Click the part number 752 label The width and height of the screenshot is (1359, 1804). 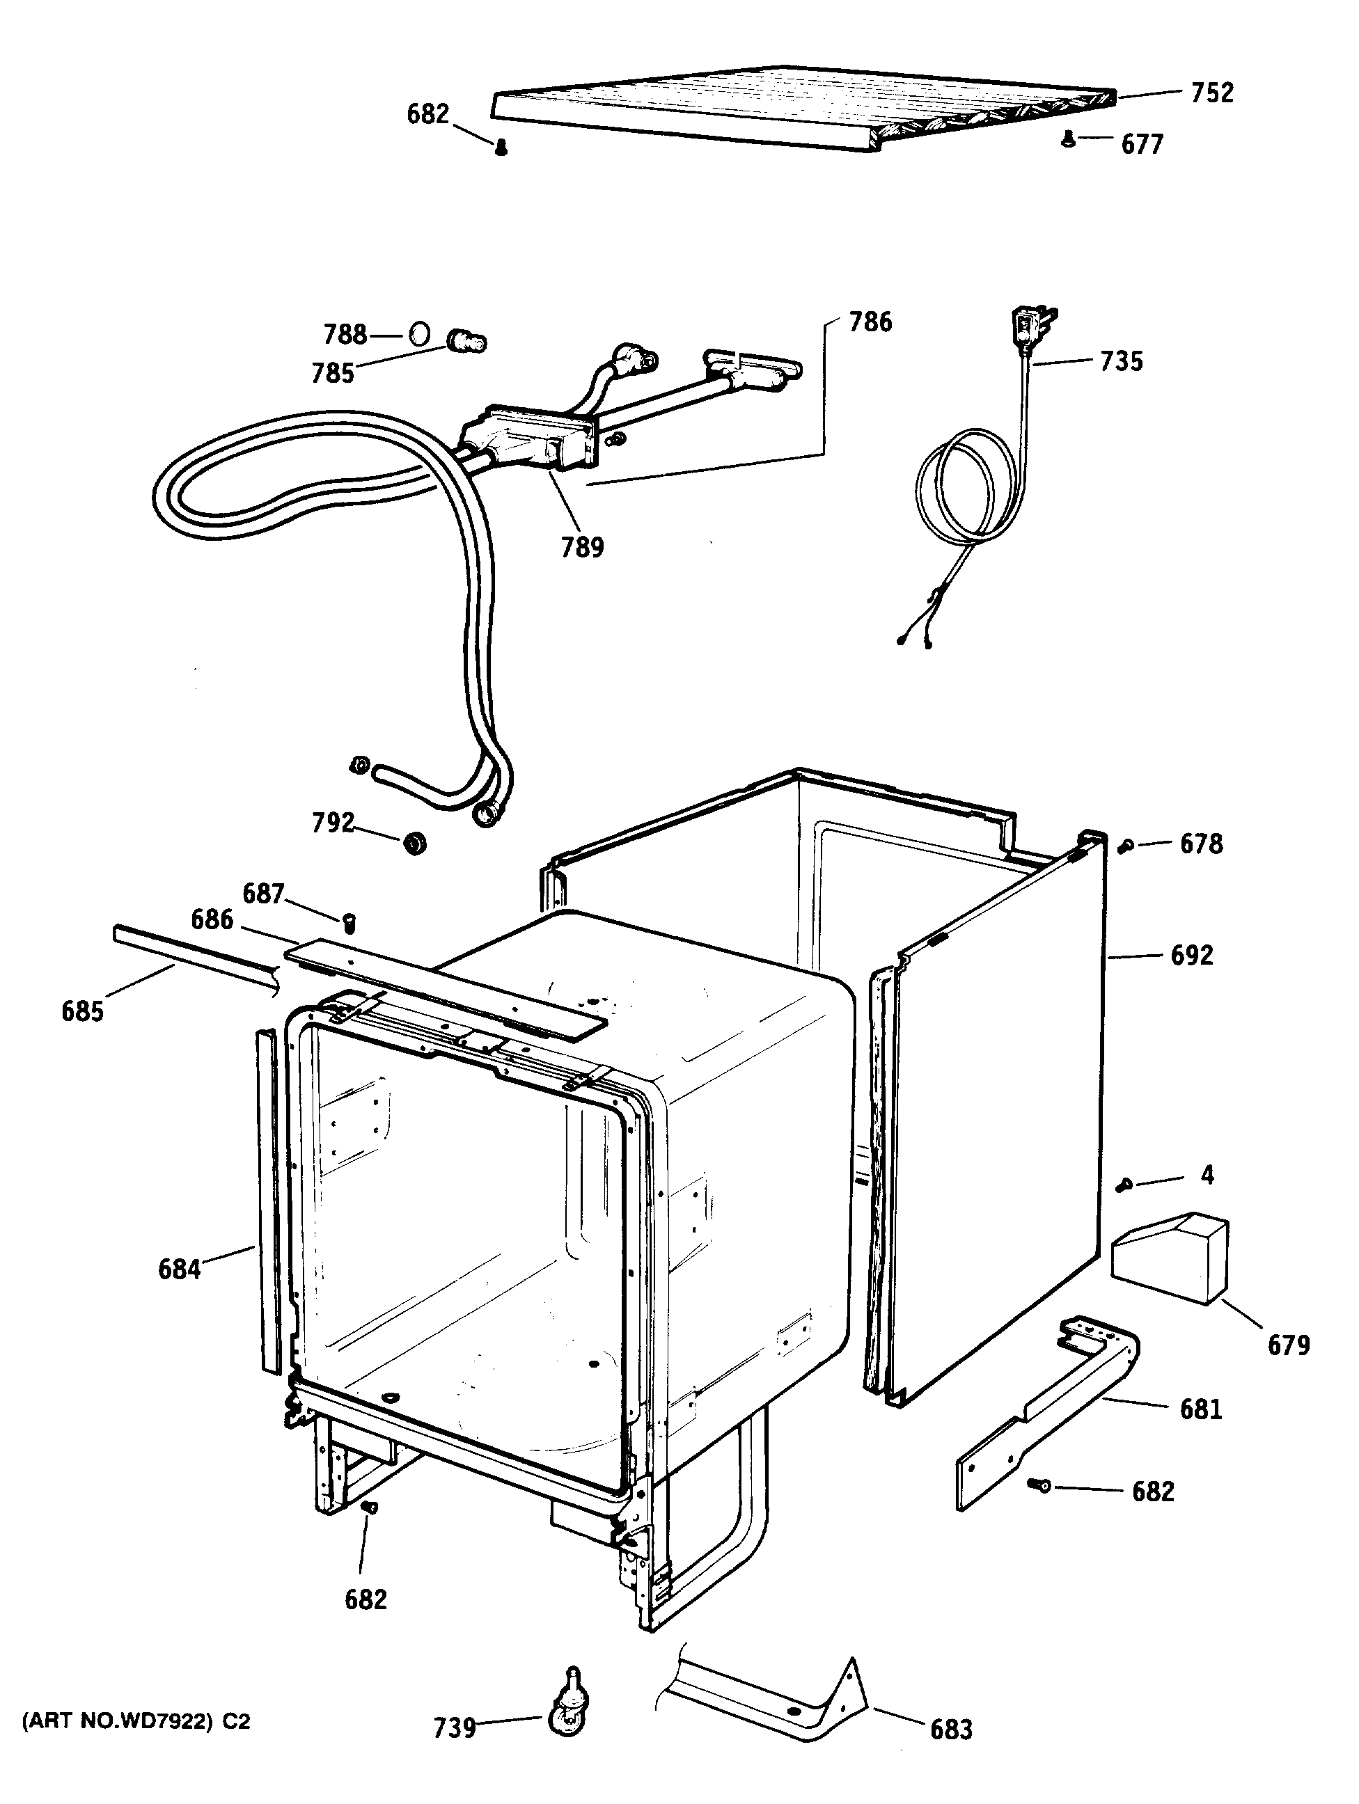tap(1212, 93)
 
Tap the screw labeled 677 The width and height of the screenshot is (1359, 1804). tap(1068, 141)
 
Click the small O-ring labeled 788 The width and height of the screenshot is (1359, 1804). tap(418, 334)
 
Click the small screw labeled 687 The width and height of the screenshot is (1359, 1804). tap(352, 922)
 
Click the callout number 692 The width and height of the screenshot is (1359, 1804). tap(1192, 954)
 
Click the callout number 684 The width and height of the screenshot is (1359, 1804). tap(179, 1269)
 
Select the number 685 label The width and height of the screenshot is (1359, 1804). tap(82, 1011)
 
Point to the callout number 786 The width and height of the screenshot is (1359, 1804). tap(870, 322)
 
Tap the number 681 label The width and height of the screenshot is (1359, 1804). tap(1201, 1409)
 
